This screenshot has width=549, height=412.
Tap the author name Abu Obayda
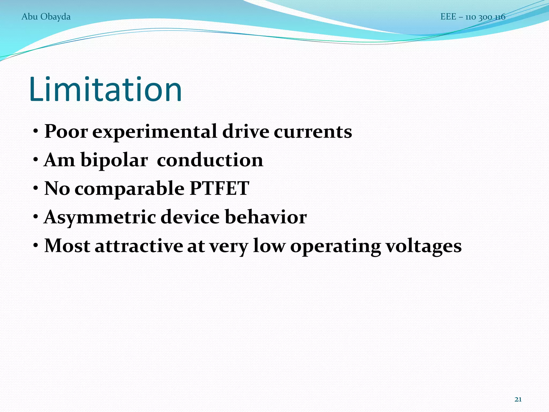[x=46, y=17]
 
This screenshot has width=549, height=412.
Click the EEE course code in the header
[x=473, y=17]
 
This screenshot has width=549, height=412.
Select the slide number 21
[x=518, y=399]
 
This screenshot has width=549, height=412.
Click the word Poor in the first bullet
[x=66, y=132]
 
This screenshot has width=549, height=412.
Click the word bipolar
[x=114, y=161]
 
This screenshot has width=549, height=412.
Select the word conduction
[x=210, y=160]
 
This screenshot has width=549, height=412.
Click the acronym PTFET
[x=219, y=188]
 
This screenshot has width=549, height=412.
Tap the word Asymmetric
[x=100, y=217]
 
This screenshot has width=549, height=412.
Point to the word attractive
[x=139, y=246]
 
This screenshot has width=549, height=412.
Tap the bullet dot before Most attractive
[x=36, y=245]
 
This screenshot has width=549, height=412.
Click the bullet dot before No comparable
[x=36, y=188]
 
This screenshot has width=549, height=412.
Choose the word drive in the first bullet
[x=246, y=132]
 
